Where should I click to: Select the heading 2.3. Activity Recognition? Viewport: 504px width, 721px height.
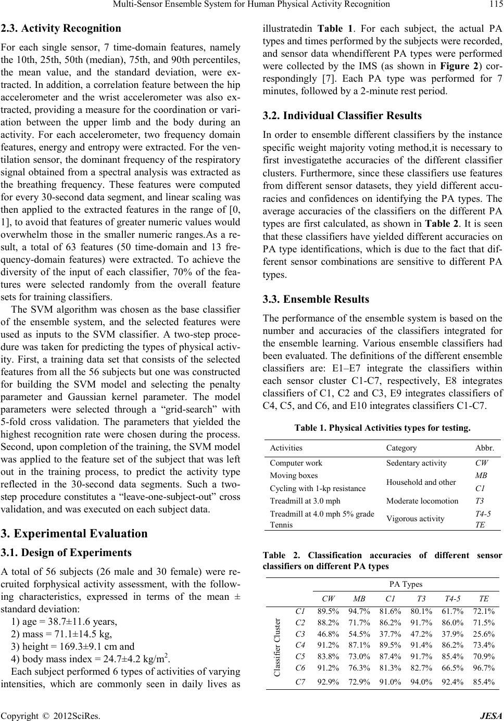[x=61, y=28]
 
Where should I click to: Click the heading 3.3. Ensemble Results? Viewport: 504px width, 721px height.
[x=316, y=299]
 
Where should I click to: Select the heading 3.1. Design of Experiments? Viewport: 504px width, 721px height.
[x=66, y=552]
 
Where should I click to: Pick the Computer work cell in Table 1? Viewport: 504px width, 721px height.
[x=296, y=462]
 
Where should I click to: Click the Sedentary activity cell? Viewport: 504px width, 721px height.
[x=416, y=462]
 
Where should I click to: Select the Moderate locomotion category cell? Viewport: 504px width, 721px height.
[x=422, y=501]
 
